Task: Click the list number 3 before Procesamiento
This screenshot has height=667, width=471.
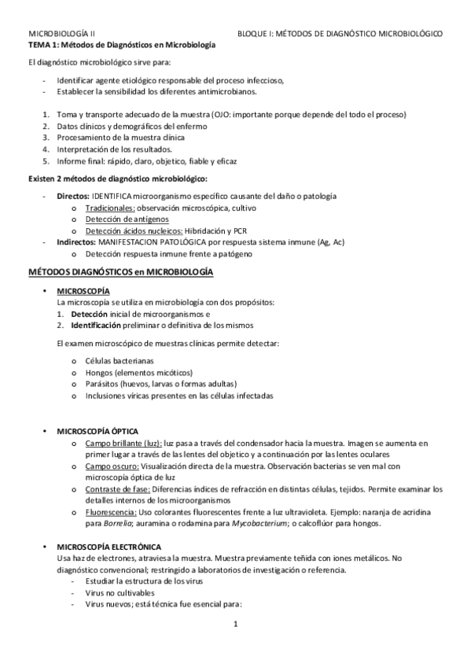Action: (x=46, y=138)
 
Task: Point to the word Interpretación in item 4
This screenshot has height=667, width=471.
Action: (x=82, y=149)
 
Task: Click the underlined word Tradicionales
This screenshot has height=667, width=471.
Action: (x=110, y=208)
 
